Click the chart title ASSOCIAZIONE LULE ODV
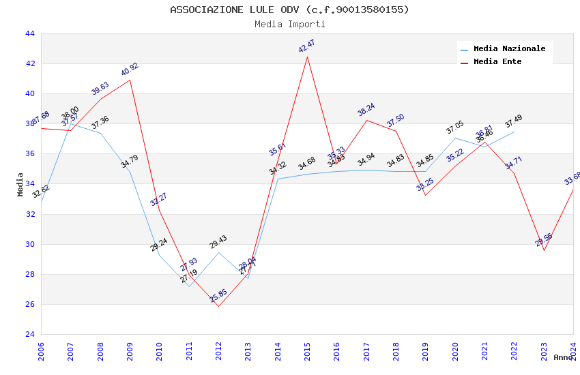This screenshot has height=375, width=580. (289, 10)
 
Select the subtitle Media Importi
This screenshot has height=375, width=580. (289, 25)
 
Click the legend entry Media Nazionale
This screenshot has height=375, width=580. (509, 49)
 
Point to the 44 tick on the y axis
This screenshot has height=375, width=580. (29, 33)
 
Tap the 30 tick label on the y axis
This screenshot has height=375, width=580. (29, 244)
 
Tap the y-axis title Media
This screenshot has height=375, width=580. (20, 184)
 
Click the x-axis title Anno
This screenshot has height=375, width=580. (563, 357)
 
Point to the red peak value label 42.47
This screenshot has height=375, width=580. (307, 46)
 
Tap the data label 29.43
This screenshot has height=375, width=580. (218, 243)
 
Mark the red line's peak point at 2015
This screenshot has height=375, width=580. (307, 56)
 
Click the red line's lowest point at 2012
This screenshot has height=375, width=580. (218, 306)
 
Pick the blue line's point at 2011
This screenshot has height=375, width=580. (189, 286)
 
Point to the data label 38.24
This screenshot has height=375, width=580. (366, 110)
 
